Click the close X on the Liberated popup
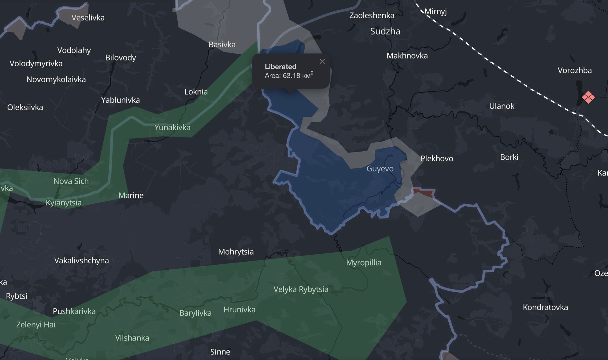(x=322, y=61)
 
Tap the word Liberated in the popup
(x=280, y=67)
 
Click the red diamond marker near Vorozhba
(x=588, y=97)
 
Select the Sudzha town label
(x=385, y=31)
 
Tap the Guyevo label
(x=380, y=169)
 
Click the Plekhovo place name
(x=437, y=159)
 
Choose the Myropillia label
(x=364, y=263)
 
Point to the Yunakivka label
(x=172, y=127)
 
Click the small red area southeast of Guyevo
(x=424, y=193)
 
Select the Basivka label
(x=222, y=45)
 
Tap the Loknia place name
(x=196, y=92)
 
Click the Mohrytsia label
(x=236, y=252)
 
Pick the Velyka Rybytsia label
(x=301, y=289)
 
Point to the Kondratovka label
(x=545, y=307)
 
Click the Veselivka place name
(x=88, y=18)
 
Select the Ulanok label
(x=502, y=106)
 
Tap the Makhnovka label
(x=407, y=56)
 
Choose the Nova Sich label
(x=71, y=181)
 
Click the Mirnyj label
(x=436, y=12)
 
